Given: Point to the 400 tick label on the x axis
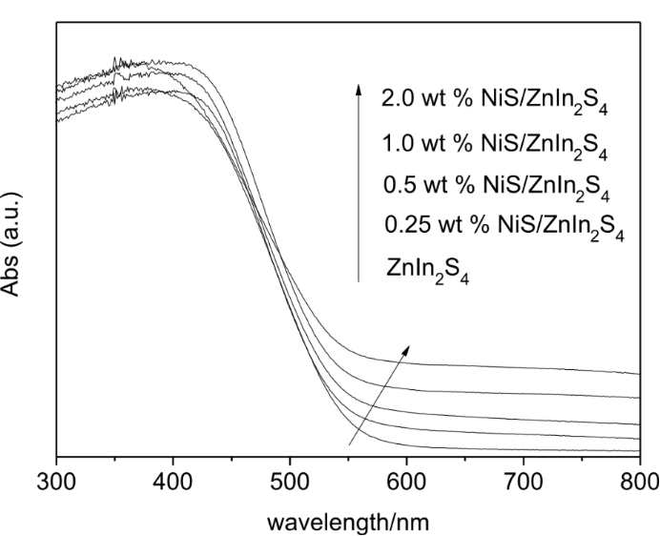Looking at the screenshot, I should [173, 479].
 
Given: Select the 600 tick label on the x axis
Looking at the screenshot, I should [406, 479].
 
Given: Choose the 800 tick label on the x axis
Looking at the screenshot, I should [638, 479].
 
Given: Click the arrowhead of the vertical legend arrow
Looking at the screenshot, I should [359, 89].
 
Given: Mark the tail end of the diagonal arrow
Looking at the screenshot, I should [349, 444].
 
